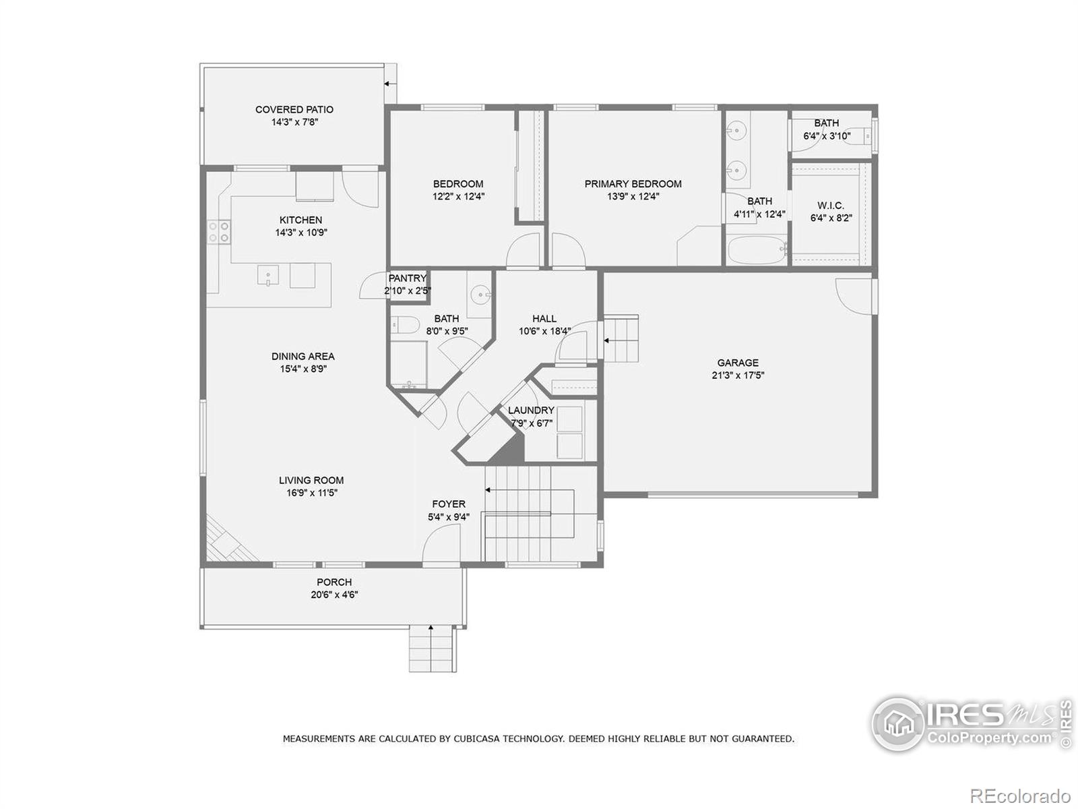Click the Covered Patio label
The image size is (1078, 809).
(294, 109)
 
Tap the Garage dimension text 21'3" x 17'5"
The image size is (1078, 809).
(738, 376)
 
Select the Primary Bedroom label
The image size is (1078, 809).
(633, 183)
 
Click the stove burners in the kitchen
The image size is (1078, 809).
(218, 232)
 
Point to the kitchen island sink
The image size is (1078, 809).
(268, 276)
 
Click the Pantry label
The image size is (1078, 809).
(407, 278)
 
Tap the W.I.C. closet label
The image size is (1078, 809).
(830, 206)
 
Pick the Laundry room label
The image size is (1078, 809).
(531, 410)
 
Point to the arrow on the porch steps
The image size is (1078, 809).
(431, 631)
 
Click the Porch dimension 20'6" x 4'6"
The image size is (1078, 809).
(334, 595)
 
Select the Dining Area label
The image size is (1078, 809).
(303, 356)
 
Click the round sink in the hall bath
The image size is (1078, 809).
(480, 294)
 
